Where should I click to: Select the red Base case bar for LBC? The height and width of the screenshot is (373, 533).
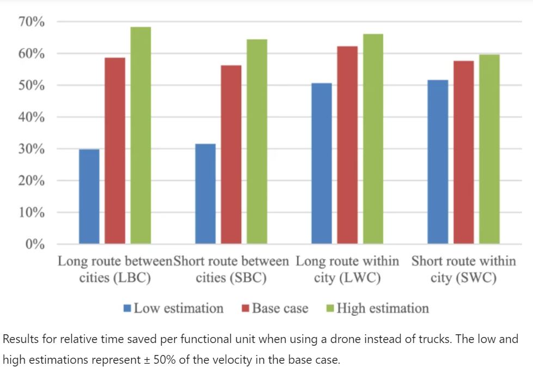coord(115,151)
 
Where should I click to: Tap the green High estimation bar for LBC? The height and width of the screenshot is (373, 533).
coord(140,135)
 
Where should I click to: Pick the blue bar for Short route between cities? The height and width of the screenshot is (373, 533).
coord(205,194)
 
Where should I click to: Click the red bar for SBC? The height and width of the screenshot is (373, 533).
coord(231,154)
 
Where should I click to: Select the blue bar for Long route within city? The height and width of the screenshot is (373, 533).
coord(321,164)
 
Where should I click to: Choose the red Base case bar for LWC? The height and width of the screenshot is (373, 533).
coord(347,145)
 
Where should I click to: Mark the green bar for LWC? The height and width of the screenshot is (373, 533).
coord(373,139)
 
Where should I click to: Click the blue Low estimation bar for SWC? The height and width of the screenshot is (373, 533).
coord(438,162)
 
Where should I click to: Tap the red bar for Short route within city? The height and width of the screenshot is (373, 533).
coord(463,152)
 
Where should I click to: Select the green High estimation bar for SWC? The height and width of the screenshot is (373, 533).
coord(489,149)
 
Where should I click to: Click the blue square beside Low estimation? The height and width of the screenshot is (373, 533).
coord(127,309)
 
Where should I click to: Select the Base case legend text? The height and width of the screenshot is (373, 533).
coord(280,309)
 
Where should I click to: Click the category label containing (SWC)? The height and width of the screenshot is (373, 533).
coord(463,269)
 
